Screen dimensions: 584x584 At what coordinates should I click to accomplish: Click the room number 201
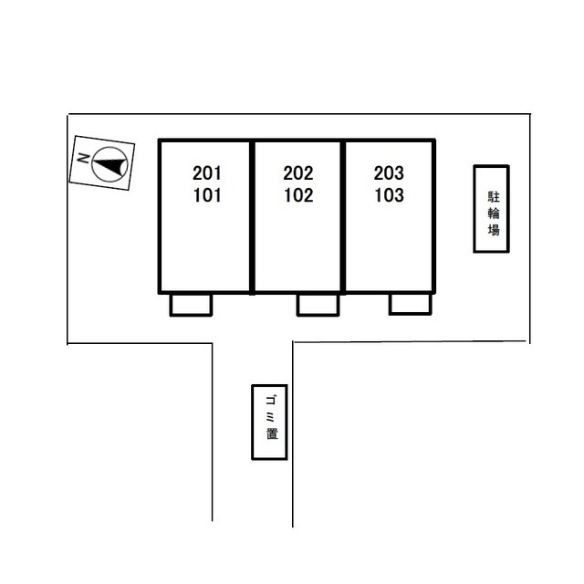[x=207, y=173]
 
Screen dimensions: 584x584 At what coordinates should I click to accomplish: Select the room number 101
[x=207, y=195]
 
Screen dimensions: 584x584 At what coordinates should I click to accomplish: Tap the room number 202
[x=298, y=173]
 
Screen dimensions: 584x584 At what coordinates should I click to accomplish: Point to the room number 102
[x=298, y=195]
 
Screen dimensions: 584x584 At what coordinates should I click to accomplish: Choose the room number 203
[x=389, y=173]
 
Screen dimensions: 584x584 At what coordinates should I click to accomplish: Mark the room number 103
[x=390, y=195]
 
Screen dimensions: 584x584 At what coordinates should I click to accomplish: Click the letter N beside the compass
[x=83, y=158]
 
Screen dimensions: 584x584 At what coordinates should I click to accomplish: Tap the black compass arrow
[x=109, y=165]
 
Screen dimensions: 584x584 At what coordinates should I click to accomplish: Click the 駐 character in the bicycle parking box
[x=494, y=197]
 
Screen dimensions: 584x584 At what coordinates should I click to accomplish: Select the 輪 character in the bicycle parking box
[x=494, y=213]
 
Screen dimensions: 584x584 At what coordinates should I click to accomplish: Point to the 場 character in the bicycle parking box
[x=494, y=230]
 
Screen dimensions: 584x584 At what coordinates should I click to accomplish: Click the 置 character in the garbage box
[x=272, y=433]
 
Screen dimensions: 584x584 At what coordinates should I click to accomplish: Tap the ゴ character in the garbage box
[x=271, y=401]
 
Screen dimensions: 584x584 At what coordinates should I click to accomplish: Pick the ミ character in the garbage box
[x=270, y=418]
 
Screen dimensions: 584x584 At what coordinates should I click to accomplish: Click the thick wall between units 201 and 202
[x=252, y=217]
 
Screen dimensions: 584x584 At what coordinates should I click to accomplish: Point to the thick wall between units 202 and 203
[x=343, y=217]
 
